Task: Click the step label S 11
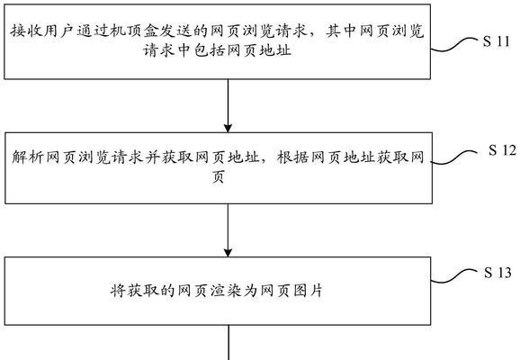pyautogui.click(x=496, y=41)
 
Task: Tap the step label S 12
pyautogui.click(x=502, y=150)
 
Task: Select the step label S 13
pyautogui.click(x=498, y=273)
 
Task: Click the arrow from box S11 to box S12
pyautogui.click(x=228, y=106)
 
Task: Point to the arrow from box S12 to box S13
pyautogui.click(x=228, y=230)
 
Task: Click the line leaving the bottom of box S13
pyautogui.click(x=229, y=342)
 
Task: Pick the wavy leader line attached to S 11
pyautogui.click(x=453, y=45)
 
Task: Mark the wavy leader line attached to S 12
pyautogui.click(x=454, y=157)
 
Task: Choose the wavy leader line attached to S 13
pyautogui.click(x=453, y=276)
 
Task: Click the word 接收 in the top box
pyautogui.click(x=26, y=31)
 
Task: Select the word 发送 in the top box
pyautogui.click(x=176, y=31)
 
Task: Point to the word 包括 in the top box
pyautogui.click(x=210, y=50)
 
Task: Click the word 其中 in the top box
pyautogui.click(x=342, y=31)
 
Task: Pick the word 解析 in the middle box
pyautogui.click(x=28, y=157)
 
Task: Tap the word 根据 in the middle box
pyautogui.click(x=292, y=157)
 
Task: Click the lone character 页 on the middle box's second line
pyautogui.click(x=219, y=176)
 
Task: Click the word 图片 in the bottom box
pyautogui.click(x=309, y=291)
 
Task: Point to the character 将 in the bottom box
pyautogui.click(x=118, y=291)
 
